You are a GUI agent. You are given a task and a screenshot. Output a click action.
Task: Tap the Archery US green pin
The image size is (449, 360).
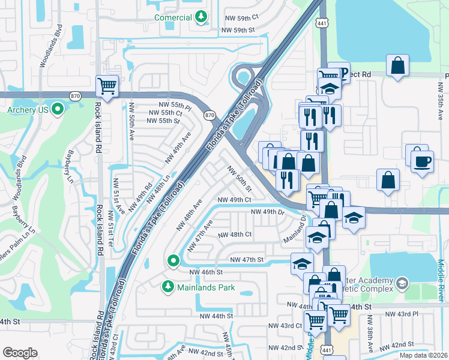tap(58, 109)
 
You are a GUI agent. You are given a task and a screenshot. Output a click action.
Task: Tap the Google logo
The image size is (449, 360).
tap(20, 353)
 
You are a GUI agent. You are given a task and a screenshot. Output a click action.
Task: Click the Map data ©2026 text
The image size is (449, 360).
tap(423, 355)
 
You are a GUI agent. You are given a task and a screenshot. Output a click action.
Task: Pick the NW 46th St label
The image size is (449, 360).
tap(206, 272)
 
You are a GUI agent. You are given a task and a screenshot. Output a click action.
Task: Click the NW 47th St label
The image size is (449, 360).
tap(247, 259)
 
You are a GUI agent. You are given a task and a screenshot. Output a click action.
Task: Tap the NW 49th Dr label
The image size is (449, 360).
tap(267, 212)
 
